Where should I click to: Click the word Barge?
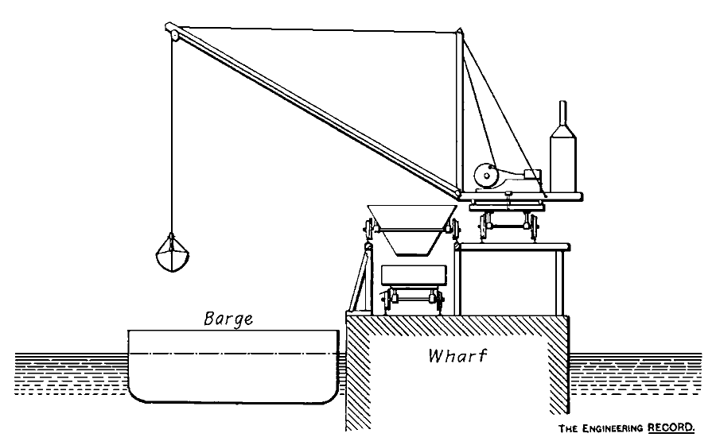point(228,319)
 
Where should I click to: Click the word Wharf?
point(457,355)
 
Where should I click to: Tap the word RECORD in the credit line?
point(670,427)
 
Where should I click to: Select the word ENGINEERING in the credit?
point(611,427)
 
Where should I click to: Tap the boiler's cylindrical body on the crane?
point(563,163)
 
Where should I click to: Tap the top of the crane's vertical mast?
point(459,33)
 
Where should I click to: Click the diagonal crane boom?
point(318,111)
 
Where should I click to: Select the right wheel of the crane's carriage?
point(531,226)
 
